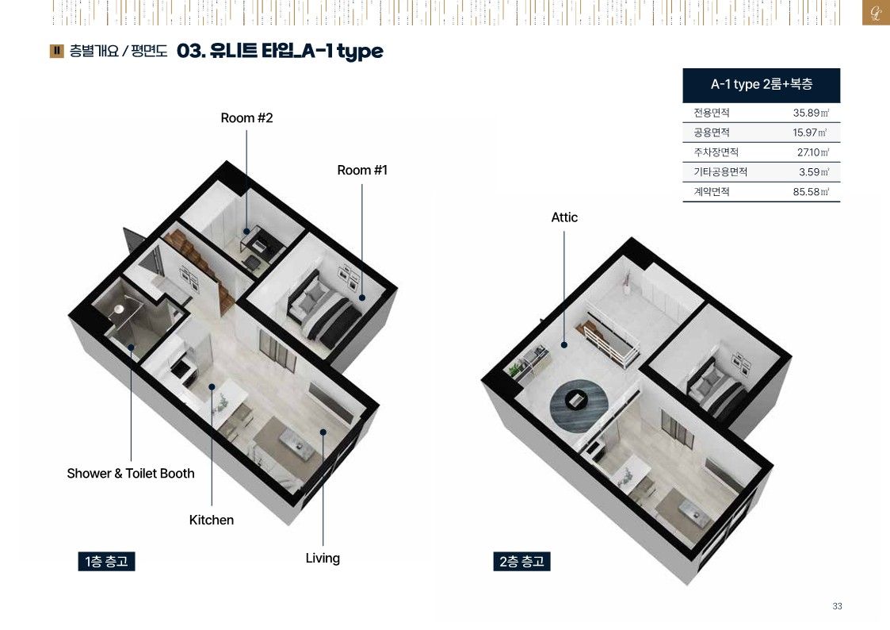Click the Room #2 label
[247, 117]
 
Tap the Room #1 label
[362, 170]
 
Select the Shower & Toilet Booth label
[131, 473]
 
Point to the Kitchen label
[211, 520]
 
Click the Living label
[323, 558]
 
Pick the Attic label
[564, 217]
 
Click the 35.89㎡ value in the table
[811, 113]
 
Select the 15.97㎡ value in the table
[810, 133]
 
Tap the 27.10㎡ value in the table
[813, 152]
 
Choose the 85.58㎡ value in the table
[811, 191]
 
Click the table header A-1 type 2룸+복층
[761, 84]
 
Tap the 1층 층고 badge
[106, 562]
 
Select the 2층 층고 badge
[521, 562]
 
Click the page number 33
[837, 606]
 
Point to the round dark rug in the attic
[579, 405]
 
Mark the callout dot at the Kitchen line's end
[212, 387]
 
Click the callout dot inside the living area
[323, 432]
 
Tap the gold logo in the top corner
[876, 13]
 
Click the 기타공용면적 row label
[720, 171]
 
